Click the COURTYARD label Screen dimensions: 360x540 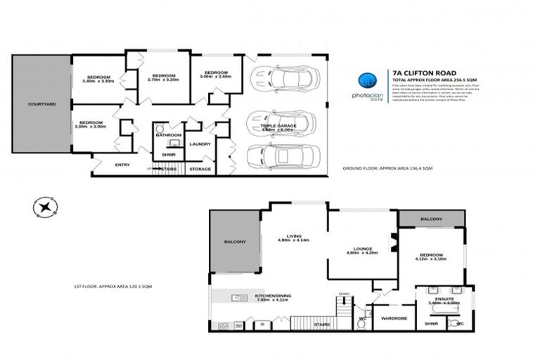tap(41, 104)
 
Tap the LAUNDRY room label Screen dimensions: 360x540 tap(200, 144)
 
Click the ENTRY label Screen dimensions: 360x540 tap(122, 165)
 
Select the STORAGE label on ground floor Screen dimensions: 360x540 tap(200, 169)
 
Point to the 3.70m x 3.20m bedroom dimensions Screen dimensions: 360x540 tap(163, 80)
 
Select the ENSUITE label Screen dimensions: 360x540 tap(444, 300)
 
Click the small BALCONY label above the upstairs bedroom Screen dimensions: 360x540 tap(432, 220)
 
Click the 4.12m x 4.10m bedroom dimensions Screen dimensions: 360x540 tap(432, 259)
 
